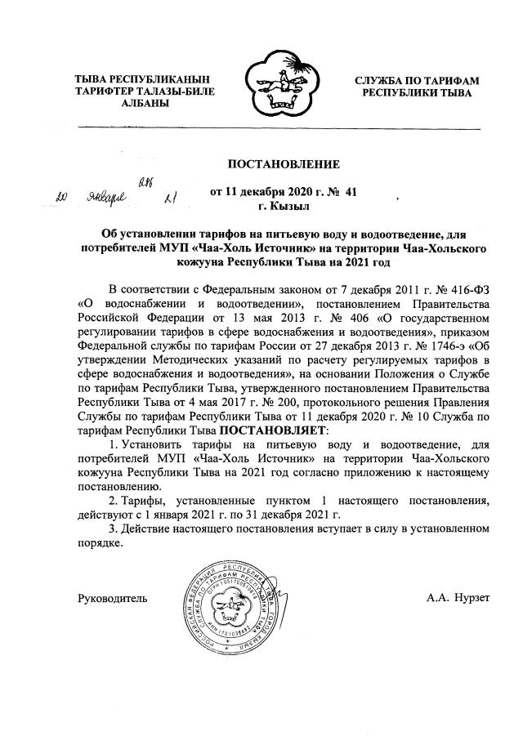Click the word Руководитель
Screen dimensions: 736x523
tap(112, 599)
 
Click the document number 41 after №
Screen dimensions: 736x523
tap(351, 192)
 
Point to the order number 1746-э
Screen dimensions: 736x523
tap(420, 345)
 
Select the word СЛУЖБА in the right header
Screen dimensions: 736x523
tap(384, 80)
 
